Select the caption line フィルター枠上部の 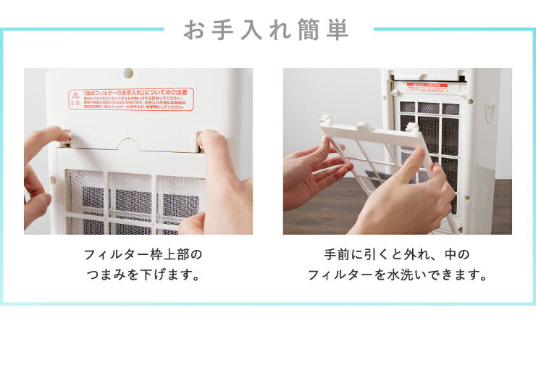[143, 255]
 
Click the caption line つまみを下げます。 [143, 275]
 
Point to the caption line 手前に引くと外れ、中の [397, 255]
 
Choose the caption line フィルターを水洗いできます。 [397, 275]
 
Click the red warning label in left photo [131, 99]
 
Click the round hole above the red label [128, 73]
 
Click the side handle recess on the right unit [490, 113]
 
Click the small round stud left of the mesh [53, 180]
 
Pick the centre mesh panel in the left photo [131, 199]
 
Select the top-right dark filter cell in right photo [451, 109]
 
